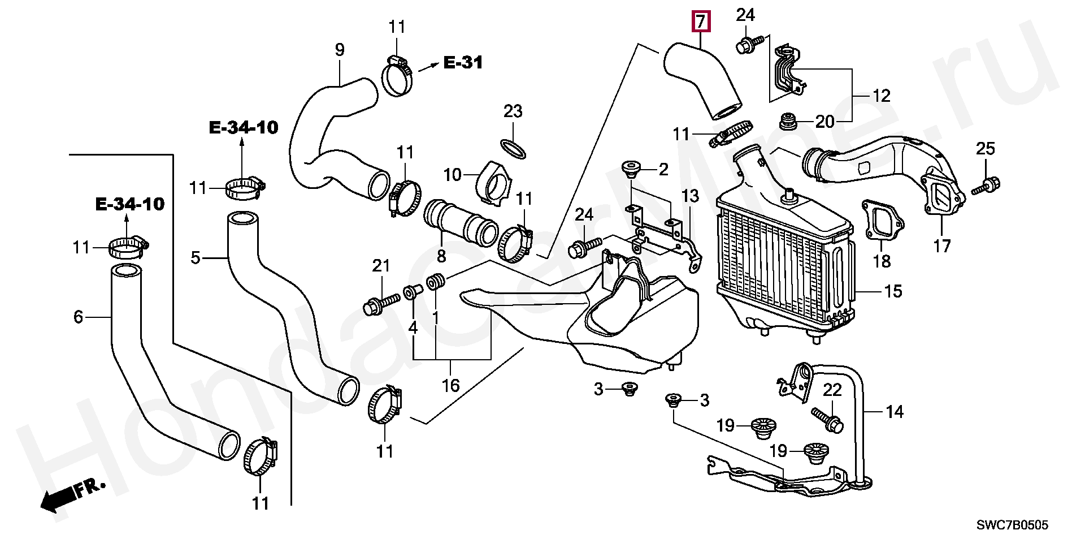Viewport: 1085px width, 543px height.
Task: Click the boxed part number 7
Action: tap(700, 22)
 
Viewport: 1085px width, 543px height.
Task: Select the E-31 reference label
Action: tap(463, 62)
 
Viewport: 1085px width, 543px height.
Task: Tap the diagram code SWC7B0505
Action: tap(1013, 525)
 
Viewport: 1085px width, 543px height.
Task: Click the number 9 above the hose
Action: tap(339, 50)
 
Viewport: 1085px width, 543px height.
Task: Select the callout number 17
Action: tap(942, 246)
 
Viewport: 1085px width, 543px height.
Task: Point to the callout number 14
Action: tap(895, 411)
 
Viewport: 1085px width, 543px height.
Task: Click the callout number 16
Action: tap(450, 386)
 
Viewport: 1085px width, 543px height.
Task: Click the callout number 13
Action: tap(689, 196)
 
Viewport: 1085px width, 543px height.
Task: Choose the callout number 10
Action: tap(453, 175)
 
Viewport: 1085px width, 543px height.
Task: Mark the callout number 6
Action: tap(78, 317)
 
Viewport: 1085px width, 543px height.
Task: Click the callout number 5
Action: tap(196, 258)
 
